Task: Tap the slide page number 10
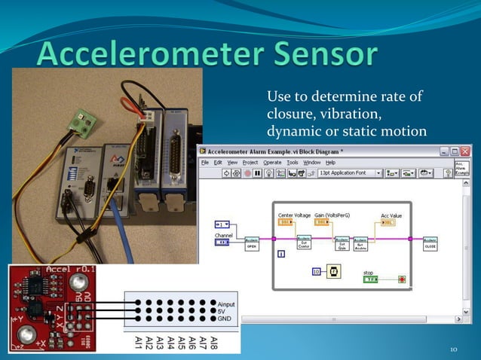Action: tap(454, 349)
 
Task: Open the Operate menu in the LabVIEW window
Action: tap(273, 162)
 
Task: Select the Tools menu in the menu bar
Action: tap(293, 162)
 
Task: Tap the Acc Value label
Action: tap(391, 215)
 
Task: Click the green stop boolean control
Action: tap(369, 279)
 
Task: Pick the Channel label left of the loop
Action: tap(225, 236)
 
